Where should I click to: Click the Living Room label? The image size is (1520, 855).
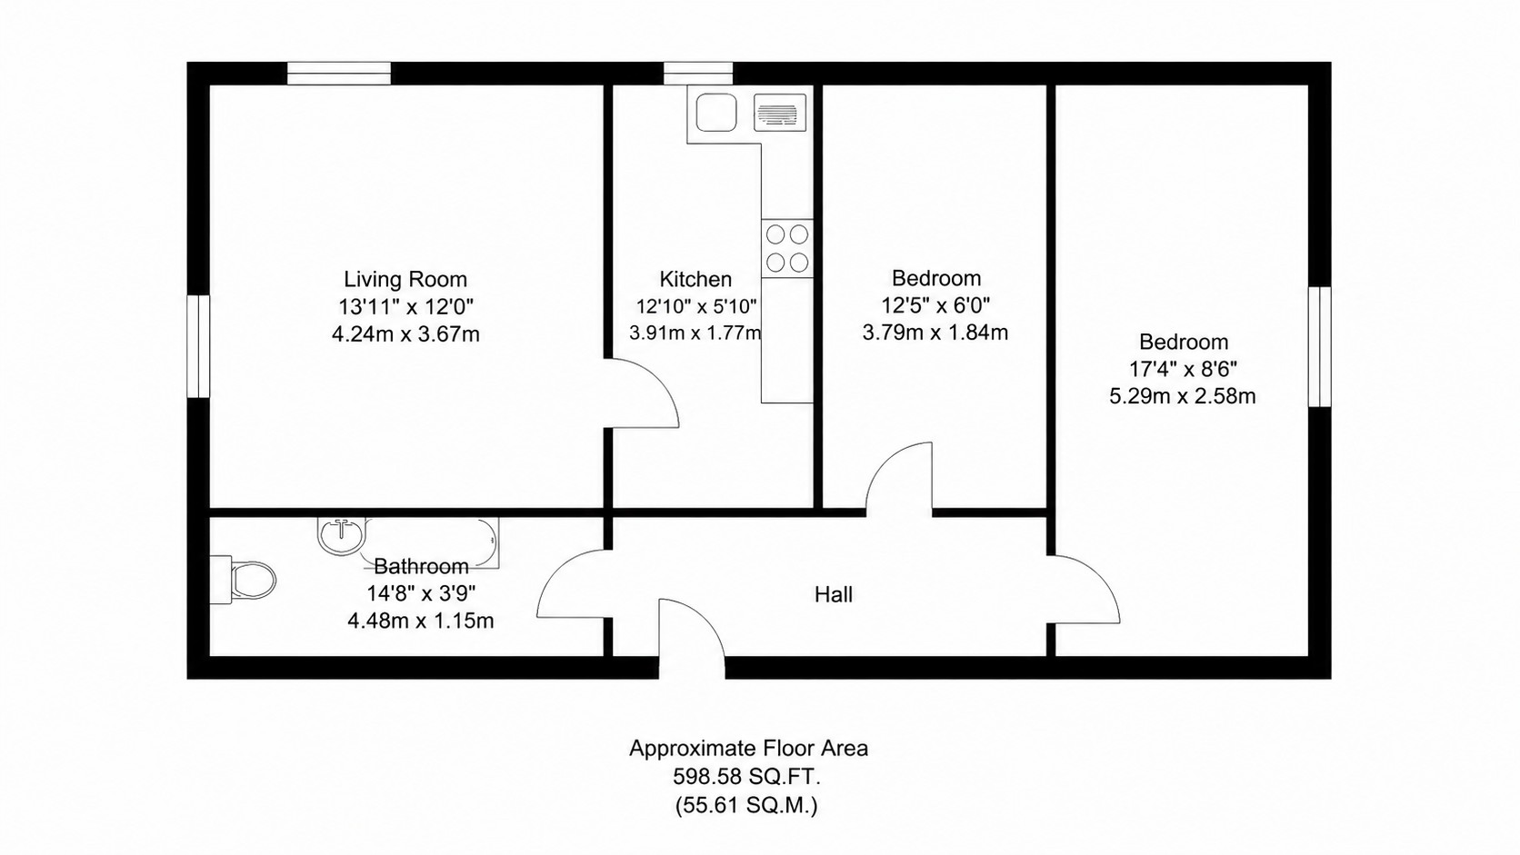point(405,279)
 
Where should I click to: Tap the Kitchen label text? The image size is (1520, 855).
point(695,279)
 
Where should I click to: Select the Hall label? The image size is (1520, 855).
point(834,594)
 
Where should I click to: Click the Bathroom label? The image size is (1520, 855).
point(421,566)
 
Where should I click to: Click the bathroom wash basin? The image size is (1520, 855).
point(342,535)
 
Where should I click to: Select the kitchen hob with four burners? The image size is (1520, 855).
point(787,248)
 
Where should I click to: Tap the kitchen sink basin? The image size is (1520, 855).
point(715,113)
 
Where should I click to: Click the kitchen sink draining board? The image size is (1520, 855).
point(780,113)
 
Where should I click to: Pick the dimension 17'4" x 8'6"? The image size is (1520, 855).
point(1183,369)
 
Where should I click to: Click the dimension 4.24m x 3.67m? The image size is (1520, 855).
point(405,334)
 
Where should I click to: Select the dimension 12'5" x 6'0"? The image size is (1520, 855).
point(935,306)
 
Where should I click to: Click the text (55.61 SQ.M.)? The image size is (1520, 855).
point(746,806)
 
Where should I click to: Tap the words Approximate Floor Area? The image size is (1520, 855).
point(748,749)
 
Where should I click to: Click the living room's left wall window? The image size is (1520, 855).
point(198,346)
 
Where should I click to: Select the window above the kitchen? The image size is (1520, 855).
point(698,74)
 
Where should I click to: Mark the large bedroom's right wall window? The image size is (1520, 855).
point(1320,346)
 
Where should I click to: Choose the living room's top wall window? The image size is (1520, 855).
point(338,74)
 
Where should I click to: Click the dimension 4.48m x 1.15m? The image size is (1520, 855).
point(421,621)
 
